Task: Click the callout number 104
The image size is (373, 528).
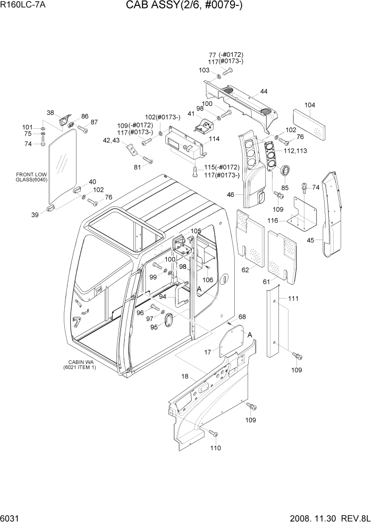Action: click(310, 105)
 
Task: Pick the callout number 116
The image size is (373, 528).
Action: click(287, 220)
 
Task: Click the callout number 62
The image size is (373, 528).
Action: click(245, 270)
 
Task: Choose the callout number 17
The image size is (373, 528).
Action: click(208, 352)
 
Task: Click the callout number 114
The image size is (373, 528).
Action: click(214, 139)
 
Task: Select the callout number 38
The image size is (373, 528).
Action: click(50, 113)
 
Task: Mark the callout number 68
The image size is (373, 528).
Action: click(242, 317)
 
